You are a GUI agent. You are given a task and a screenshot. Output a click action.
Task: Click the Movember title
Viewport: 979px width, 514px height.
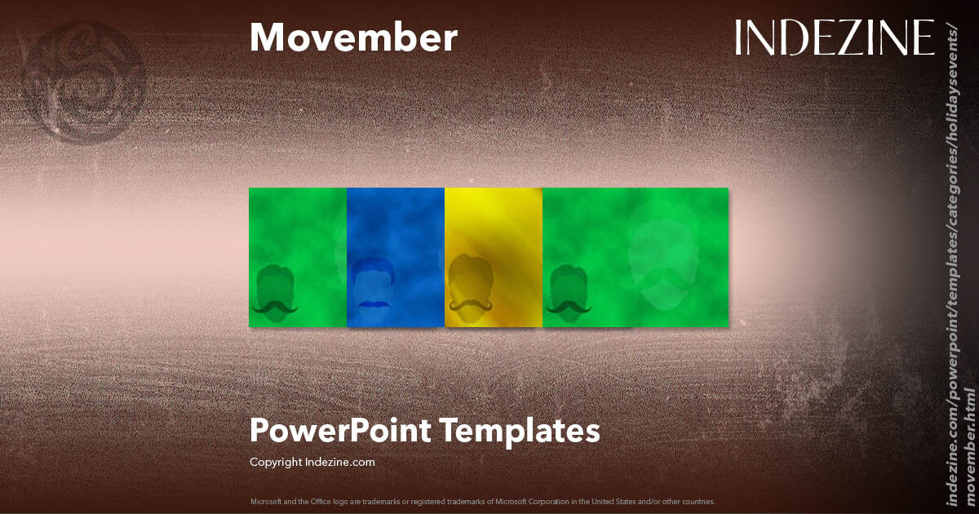point(353,38)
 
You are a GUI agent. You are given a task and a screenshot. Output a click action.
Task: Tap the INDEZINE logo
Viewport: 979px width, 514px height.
point(834,38)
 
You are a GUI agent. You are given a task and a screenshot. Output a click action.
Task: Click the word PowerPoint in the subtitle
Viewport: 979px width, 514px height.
point(341,430)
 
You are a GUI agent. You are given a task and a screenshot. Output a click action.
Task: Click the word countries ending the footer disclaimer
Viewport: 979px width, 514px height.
point(699,501)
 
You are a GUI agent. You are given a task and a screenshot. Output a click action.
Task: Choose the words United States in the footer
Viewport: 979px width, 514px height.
point(605,501)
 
